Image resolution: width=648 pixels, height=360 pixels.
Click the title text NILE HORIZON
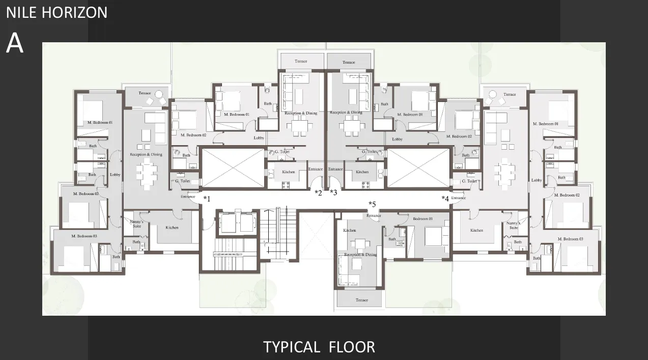point(57,12)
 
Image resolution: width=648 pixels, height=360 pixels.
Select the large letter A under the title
point(15,44)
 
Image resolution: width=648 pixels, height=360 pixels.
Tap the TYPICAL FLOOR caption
point(319,347)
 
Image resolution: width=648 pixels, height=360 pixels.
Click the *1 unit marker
point(207,199)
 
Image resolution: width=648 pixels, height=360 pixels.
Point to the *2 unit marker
point(318,192)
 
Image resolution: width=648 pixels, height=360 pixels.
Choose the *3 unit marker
point(333,192)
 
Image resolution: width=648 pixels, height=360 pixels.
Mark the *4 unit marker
point(445,199)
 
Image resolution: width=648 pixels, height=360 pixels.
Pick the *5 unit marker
point(372,205)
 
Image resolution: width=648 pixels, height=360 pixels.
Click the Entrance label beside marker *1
point(188,197)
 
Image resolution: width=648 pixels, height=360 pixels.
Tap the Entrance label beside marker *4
point(458,198)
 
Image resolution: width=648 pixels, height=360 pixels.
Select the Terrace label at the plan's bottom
point(361,300)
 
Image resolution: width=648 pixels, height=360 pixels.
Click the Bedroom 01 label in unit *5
point(422,218)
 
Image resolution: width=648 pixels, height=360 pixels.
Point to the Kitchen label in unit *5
point(349,231)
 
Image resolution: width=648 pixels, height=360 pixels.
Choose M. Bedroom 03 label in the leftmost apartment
point(84,236)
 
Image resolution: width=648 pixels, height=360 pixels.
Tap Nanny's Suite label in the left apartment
point(137,224)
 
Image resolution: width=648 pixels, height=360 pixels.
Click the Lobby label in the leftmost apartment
point(115,175)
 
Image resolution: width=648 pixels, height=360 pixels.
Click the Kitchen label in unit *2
point(288,172)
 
